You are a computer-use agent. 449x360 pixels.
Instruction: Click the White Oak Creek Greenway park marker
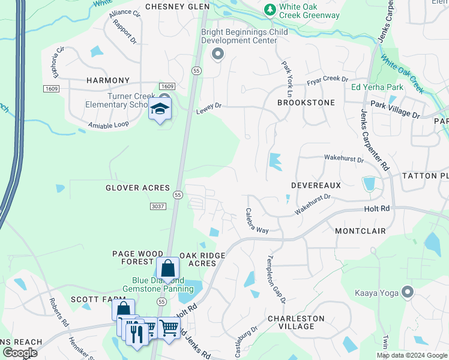[270, 10]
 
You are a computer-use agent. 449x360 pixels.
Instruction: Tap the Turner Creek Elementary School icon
[160, 109]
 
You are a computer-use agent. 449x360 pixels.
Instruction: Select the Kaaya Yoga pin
[408, 292]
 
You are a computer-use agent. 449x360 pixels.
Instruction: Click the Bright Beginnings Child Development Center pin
[218, 55]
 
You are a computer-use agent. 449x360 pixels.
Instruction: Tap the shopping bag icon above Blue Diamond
[167, 269]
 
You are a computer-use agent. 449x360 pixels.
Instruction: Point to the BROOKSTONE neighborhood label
[306, 103]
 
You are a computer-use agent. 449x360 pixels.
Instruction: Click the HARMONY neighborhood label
[108, 80]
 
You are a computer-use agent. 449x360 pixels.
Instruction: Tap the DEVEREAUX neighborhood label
[316, 186]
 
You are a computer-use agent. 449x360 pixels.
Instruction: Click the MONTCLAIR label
[360, 231]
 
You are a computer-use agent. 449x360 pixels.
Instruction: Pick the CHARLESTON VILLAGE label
[296, 322]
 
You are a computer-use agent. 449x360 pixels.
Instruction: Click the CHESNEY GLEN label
[175, 7]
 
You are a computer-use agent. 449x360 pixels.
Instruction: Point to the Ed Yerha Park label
[377, 87]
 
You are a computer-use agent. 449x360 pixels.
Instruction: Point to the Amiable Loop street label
[108, 125]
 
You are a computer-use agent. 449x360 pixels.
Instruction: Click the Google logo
[19, 353]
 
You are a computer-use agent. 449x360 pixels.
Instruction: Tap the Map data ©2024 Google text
[411, 355]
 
